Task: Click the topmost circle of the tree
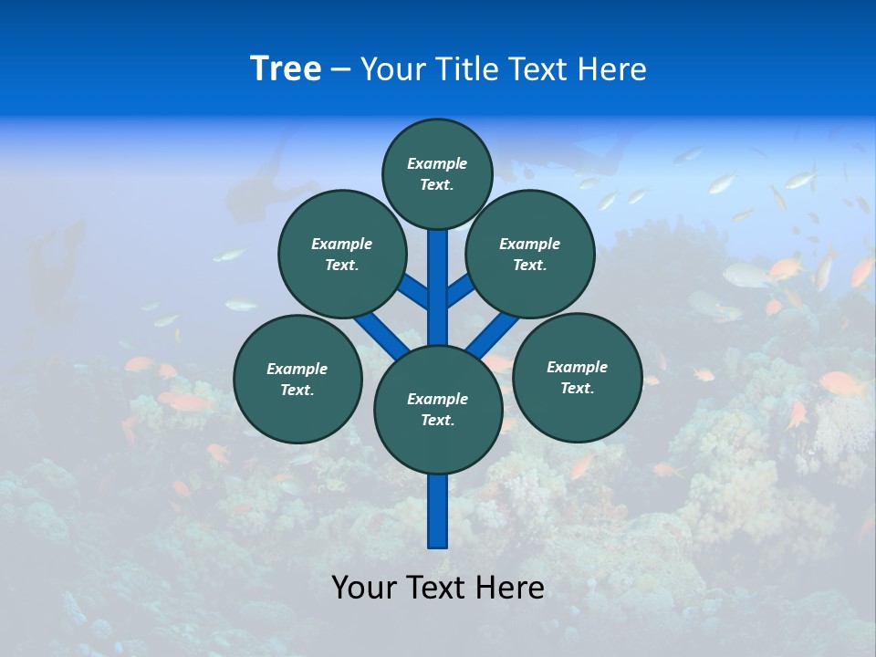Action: [437, 173]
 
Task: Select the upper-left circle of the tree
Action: [342, 254]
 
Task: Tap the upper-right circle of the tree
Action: [530, 254]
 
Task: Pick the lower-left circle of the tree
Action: [297, 379]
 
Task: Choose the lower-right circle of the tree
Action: [577, 377]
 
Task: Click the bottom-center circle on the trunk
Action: [438, 410]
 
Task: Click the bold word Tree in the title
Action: [286, 68]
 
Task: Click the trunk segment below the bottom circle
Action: [438, 511]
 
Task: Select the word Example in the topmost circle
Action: [437, 163]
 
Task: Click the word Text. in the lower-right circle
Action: [577, 388]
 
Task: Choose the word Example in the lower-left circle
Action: [297, 369]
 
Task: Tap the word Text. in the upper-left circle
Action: [342, 265]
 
